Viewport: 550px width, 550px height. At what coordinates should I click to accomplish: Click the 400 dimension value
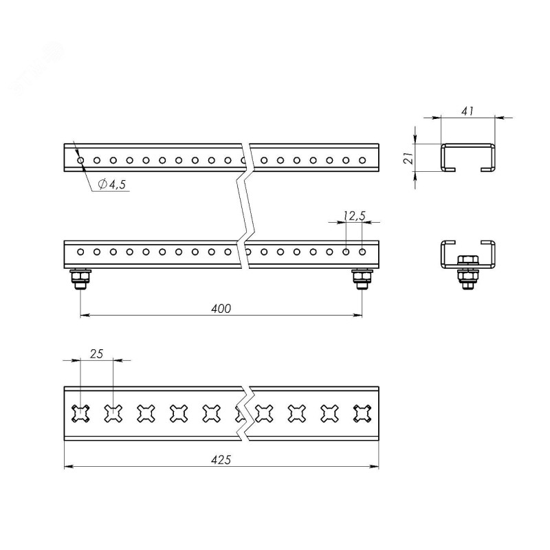[x=221, y=308]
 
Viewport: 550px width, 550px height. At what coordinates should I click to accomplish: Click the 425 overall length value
[x=221, y=459]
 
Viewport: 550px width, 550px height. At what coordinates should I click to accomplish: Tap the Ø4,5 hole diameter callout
[x=112, y=184]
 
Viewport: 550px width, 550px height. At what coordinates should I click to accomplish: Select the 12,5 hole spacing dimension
[x=355, y=216]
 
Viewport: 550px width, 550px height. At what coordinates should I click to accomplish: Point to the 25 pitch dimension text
[x=96, y=354]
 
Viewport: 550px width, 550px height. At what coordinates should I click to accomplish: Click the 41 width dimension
[x=467, y=111]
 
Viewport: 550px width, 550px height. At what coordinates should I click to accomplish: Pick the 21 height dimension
[x=408, y=159]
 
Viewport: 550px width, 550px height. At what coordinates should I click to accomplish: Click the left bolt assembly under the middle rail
[x=80, y=279]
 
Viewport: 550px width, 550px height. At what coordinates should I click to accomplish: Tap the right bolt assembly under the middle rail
[x=362, y=279]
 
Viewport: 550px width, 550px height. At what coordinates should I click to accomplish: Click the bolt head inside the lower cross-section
[x=467, y=260]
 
